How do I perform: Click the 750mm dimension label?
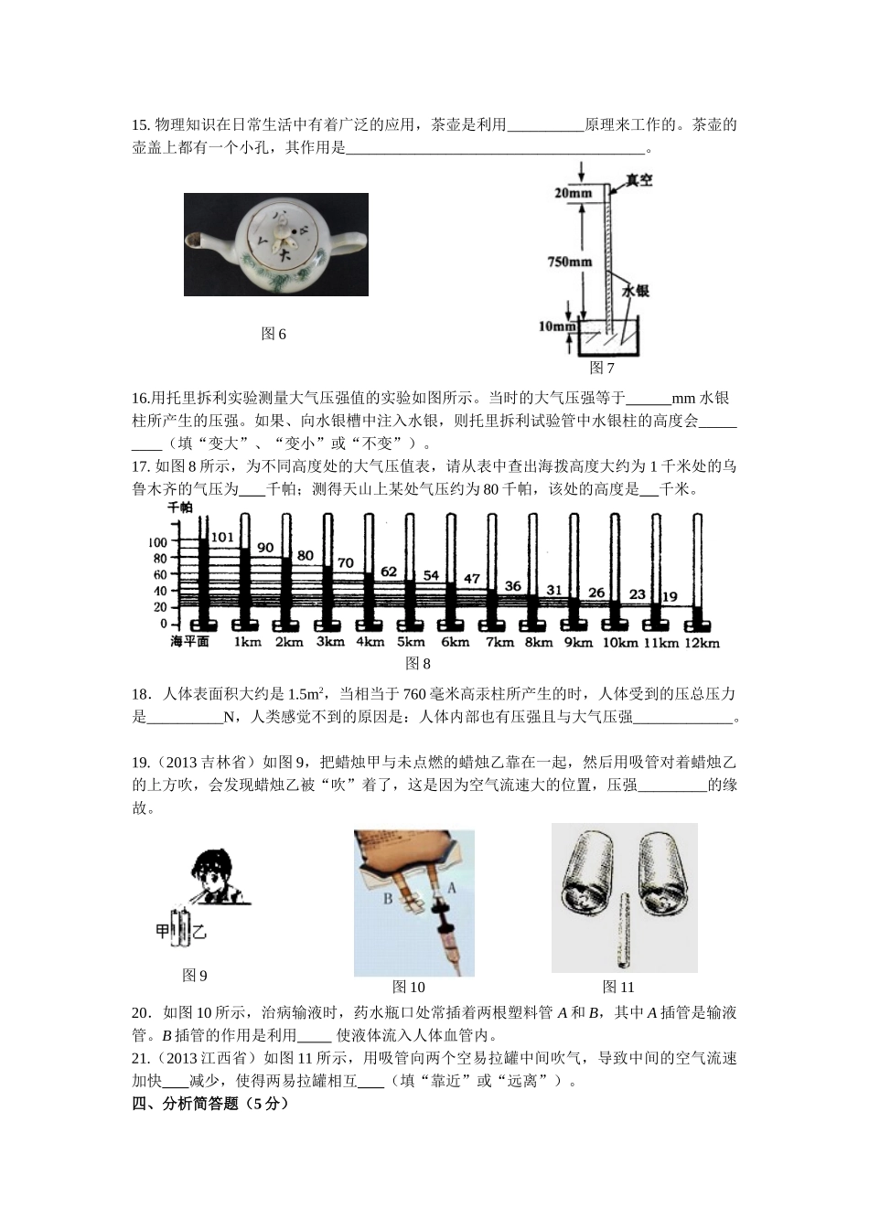point(569,262)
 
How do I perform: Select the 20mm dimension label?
point(573,193)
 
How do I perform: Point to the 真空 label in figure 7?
point(638,180)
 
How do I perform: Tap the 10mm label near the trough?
point(557,326)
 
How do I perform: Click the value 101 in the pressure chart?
point(222,537)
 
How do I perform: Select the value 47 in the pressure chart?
point(472,579)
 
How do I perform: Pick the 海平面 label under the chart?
point(189,642)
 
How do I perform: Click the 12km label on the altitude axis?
point(702,643)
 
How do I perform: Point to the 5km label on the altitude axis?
point(411,642)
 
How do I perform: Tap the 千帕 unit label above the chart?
point(179,507)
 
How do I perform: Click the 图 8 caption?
point(417,664)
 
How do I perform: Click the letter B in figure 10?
point(388,899)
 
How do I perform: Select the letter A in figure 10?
point(451,887)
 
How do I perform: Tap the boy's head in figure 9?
point(216,874)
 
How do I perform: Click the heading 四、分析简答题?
point(210,1104)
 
